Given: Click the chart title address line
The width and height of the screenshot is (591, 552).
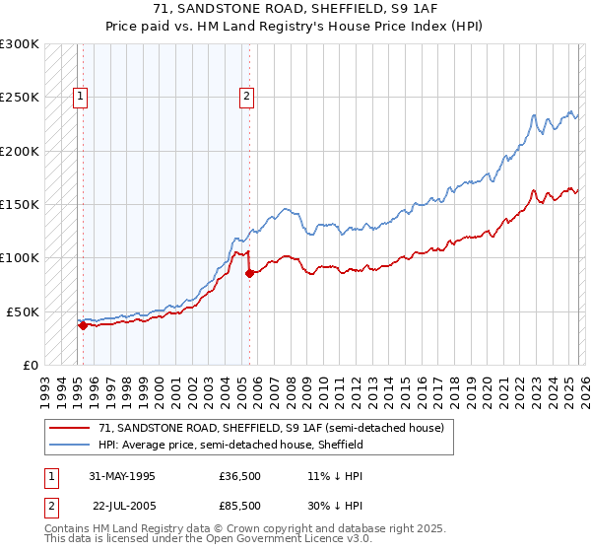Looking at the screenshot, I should (295, 9).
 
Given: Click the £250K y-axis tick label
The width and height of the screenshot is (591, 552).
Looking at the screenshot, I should (20, 98).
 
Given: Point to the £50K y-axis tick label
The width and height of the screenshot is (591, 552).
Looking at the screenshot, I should (23, 311).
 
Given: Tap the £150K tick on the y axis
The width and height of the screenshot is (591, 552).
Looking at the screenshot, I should (20, 204).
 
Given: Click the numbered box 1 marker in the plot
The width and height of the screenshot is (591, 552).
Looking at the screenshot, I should (80, 97).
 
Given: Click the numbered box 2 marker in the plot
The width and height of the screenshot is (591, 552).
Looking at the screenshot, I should (245, 97).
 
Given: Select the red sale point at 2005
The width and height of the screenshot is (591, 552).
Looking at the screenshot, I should (249, 273).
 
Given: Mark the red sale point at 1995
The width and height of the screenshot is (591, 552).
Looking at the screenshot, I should (83, 325).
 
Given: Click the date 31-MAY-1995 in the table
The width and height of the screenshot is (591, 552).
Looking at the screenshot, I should (122, 476).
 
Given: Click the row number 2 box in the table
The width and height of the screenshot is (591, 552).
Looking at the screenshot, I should (50, 504).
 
